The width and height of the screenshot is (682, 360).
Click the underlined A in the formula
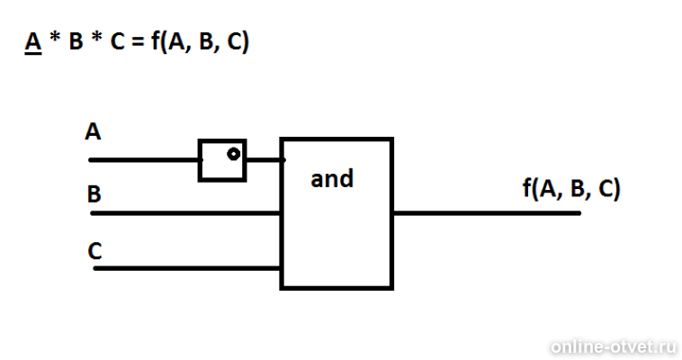pyautogui.click(x=33, y=42)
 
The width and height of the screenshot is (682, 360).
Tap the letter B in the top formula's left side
pyautogui.click(x=76, y=41)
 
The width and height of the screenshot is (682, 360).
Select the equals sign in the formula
pyautogui.click(x=138, y=42)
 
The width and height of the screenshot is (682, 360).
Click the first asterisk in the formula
pyautogui.click(x=55, y=38)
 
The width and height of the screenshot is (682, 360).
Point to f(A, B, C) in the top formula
pyautogui.click(x=200, y=41)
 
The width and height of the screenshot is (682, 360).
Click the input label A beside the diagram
pyautogui.click(x=93, y=131)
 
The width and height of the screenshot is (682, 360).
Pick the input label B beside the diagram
pyautogui.click(x=94, y=194)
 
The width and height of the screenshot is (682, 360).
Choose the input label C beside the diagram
pyautogui.click(x=94, y=251)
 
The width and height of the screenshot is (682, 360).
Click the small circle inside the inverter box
pyautogui.click(x=234, y=154)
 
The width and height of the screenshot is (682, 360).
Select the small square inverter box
pyautogui.click(x=222, y=140)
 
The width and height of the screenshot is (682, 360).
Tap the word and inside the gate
pyautogui.click(x=332, y=179)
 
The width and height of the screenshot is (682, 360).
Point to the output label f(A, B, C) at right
pyautogui.click(x=571, y=188)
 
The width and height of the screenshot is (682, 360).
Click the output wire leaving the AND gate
pyautogui.click(x=487, y=213)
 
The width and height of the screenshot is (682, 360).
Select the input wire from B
pyautogui.click(x=185, y=213)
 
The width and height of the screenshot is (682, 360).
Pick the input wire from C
pyautogui.click(x=187, y=268)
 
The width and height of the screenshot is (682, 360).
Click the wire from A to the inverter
pyautogui.click(x=144, y=160)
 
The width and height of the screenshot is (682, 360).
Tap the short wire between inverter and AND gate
pyautogui.click(x=265, y=160)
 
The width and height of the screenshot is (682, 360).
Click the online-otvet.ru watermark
pyautogui.click(x=614, y=346)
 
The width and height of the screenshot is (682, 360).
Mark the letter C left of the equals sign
pyautogui.click(x=118, y=41)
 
